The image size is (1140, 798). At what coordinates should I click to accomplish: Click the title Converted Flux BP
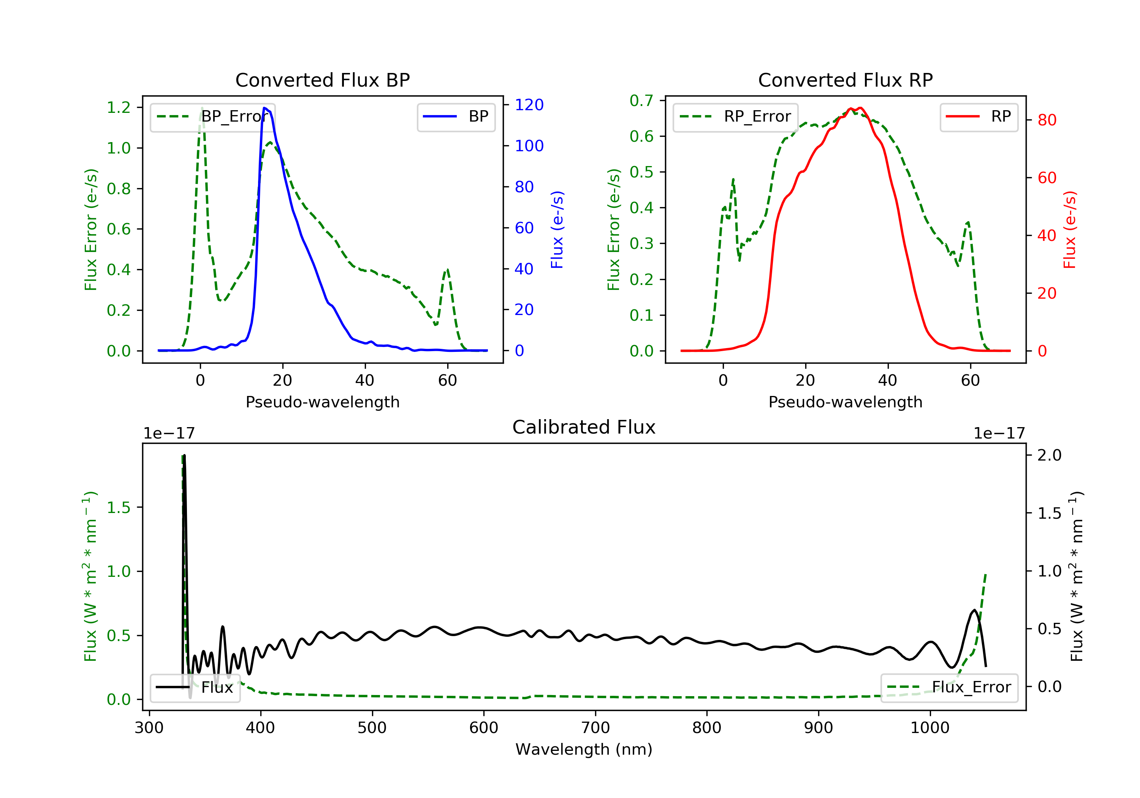pyautogui.click(x=322, y=80)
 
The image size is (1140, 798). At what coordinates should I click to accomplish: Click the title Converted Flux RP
pyautogui.click(x=845, y=80)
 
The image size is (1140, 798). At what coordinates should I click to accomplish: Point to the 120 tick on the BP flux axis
pyautogui.click(x=529, y=105)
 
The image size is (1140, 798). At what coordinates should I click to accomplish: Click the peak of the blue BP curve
pyautogui.click(x=264, y=108)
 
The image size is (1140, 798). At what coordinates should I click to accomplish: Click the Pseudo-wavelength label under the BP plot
pyautogui.click(x=322, y=402)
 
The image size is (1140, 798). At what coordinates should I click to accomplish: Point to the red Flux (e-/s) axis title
pyautogui.click(x=1069, y=230)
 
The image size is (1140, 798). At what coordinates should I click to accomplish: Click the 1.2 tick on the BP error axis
pyautogui.click(x=119, y=108)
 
